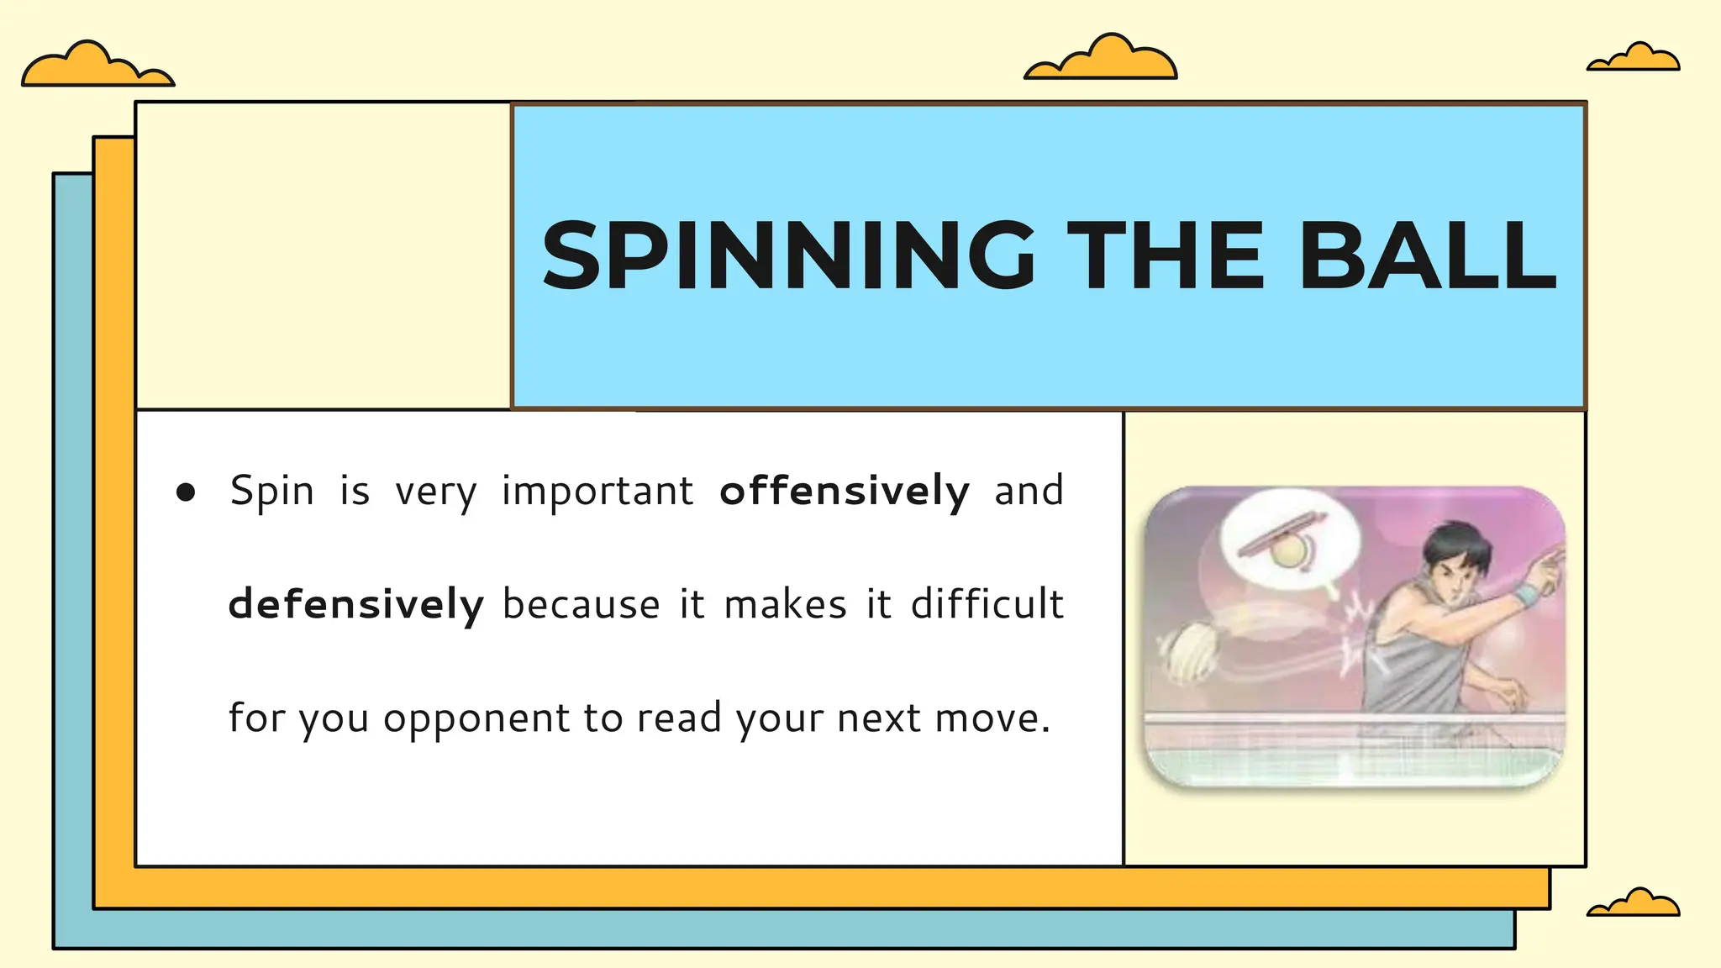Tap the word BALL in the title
coord(1428,255)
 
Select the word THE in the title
coord(1169,255)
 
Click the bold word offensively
coord(845,491)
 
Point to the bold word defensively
coord(356,604)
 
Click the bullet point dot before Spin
coord(186,492)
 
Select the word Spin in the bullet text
coord(272,491)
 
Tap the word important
coord(597,491)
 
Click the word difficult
coord(987,604)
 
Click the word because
coord(582,604)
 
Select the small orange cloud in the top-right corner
coord(1634,59)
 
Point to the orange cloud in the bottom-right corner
coord(1634,904)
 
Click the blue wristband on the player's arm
coord(1525,596)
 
